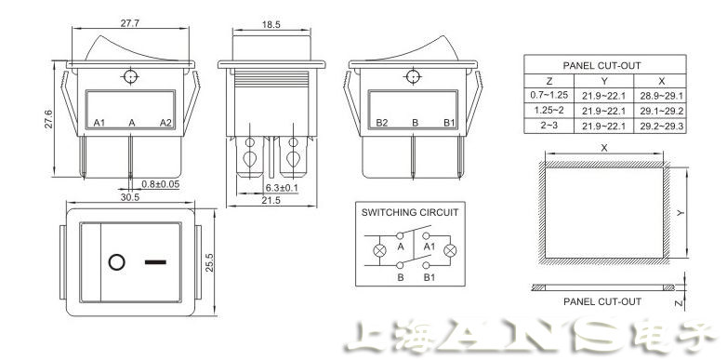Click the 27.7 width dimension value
pyautogui.click(x=130, y=23)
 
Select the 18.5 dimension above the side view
pyautogui.click(x=271, y=25)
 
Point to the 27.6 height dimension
pyautogui.click(x=49, y=119)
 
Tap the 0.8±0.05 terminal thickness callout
pyautogui.click(x=161, y=184)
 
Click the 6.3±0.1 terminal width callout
pyautogui.click(x=282, y=188)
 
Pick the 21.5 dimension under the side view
pyautogui.click(x=271, y=200)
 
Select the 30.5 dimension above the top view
pyautogui.click(x=130, y=197)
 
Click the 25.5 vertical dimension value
pyautogui.click(x=209, y=262)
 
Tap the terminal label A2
pyautogui.click(x=166, y=123)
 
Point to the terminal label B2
pyautogui.click(x=381, y=123)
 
